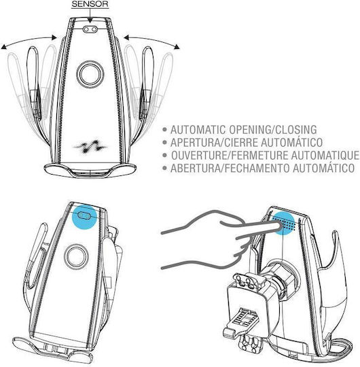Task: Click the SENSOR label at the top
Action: point(90,4)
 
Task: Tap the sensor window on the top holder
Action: point(90,29)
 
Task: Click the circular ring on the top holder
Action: point(90,74)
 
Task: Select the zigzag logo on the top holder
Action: point(90,147)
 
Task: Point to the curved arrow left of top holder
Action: point(28,39)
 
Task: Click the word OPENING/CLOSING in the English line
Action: point(273,130)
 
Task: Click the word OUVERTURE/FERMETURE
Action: point(230,156)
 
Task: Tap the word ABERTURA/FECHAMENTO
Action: point(230,169)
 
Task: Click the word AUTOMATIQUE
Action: point(325,156)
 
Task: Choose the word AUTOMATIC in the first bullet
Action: point(198,130)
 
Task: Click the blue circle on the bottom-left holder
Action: point(84,217)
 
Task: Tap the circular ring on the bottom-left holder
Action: point(76,257)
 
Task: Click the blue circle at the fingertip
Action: point(284,223)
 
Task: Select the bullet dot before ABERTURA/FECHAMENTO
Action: point(165,168)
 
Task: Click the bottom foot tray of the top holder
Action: point(90,171)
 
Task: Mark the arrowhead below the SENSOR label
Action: point(90,21)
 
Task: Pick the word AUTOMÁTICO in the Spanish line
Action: point(291,143)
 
